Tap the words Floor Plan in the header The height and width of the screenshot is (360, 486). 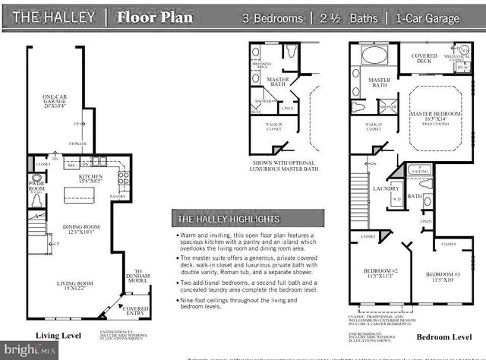coord(156,17)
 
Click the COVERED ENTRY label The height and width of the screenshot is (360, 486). coord(137,311)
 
